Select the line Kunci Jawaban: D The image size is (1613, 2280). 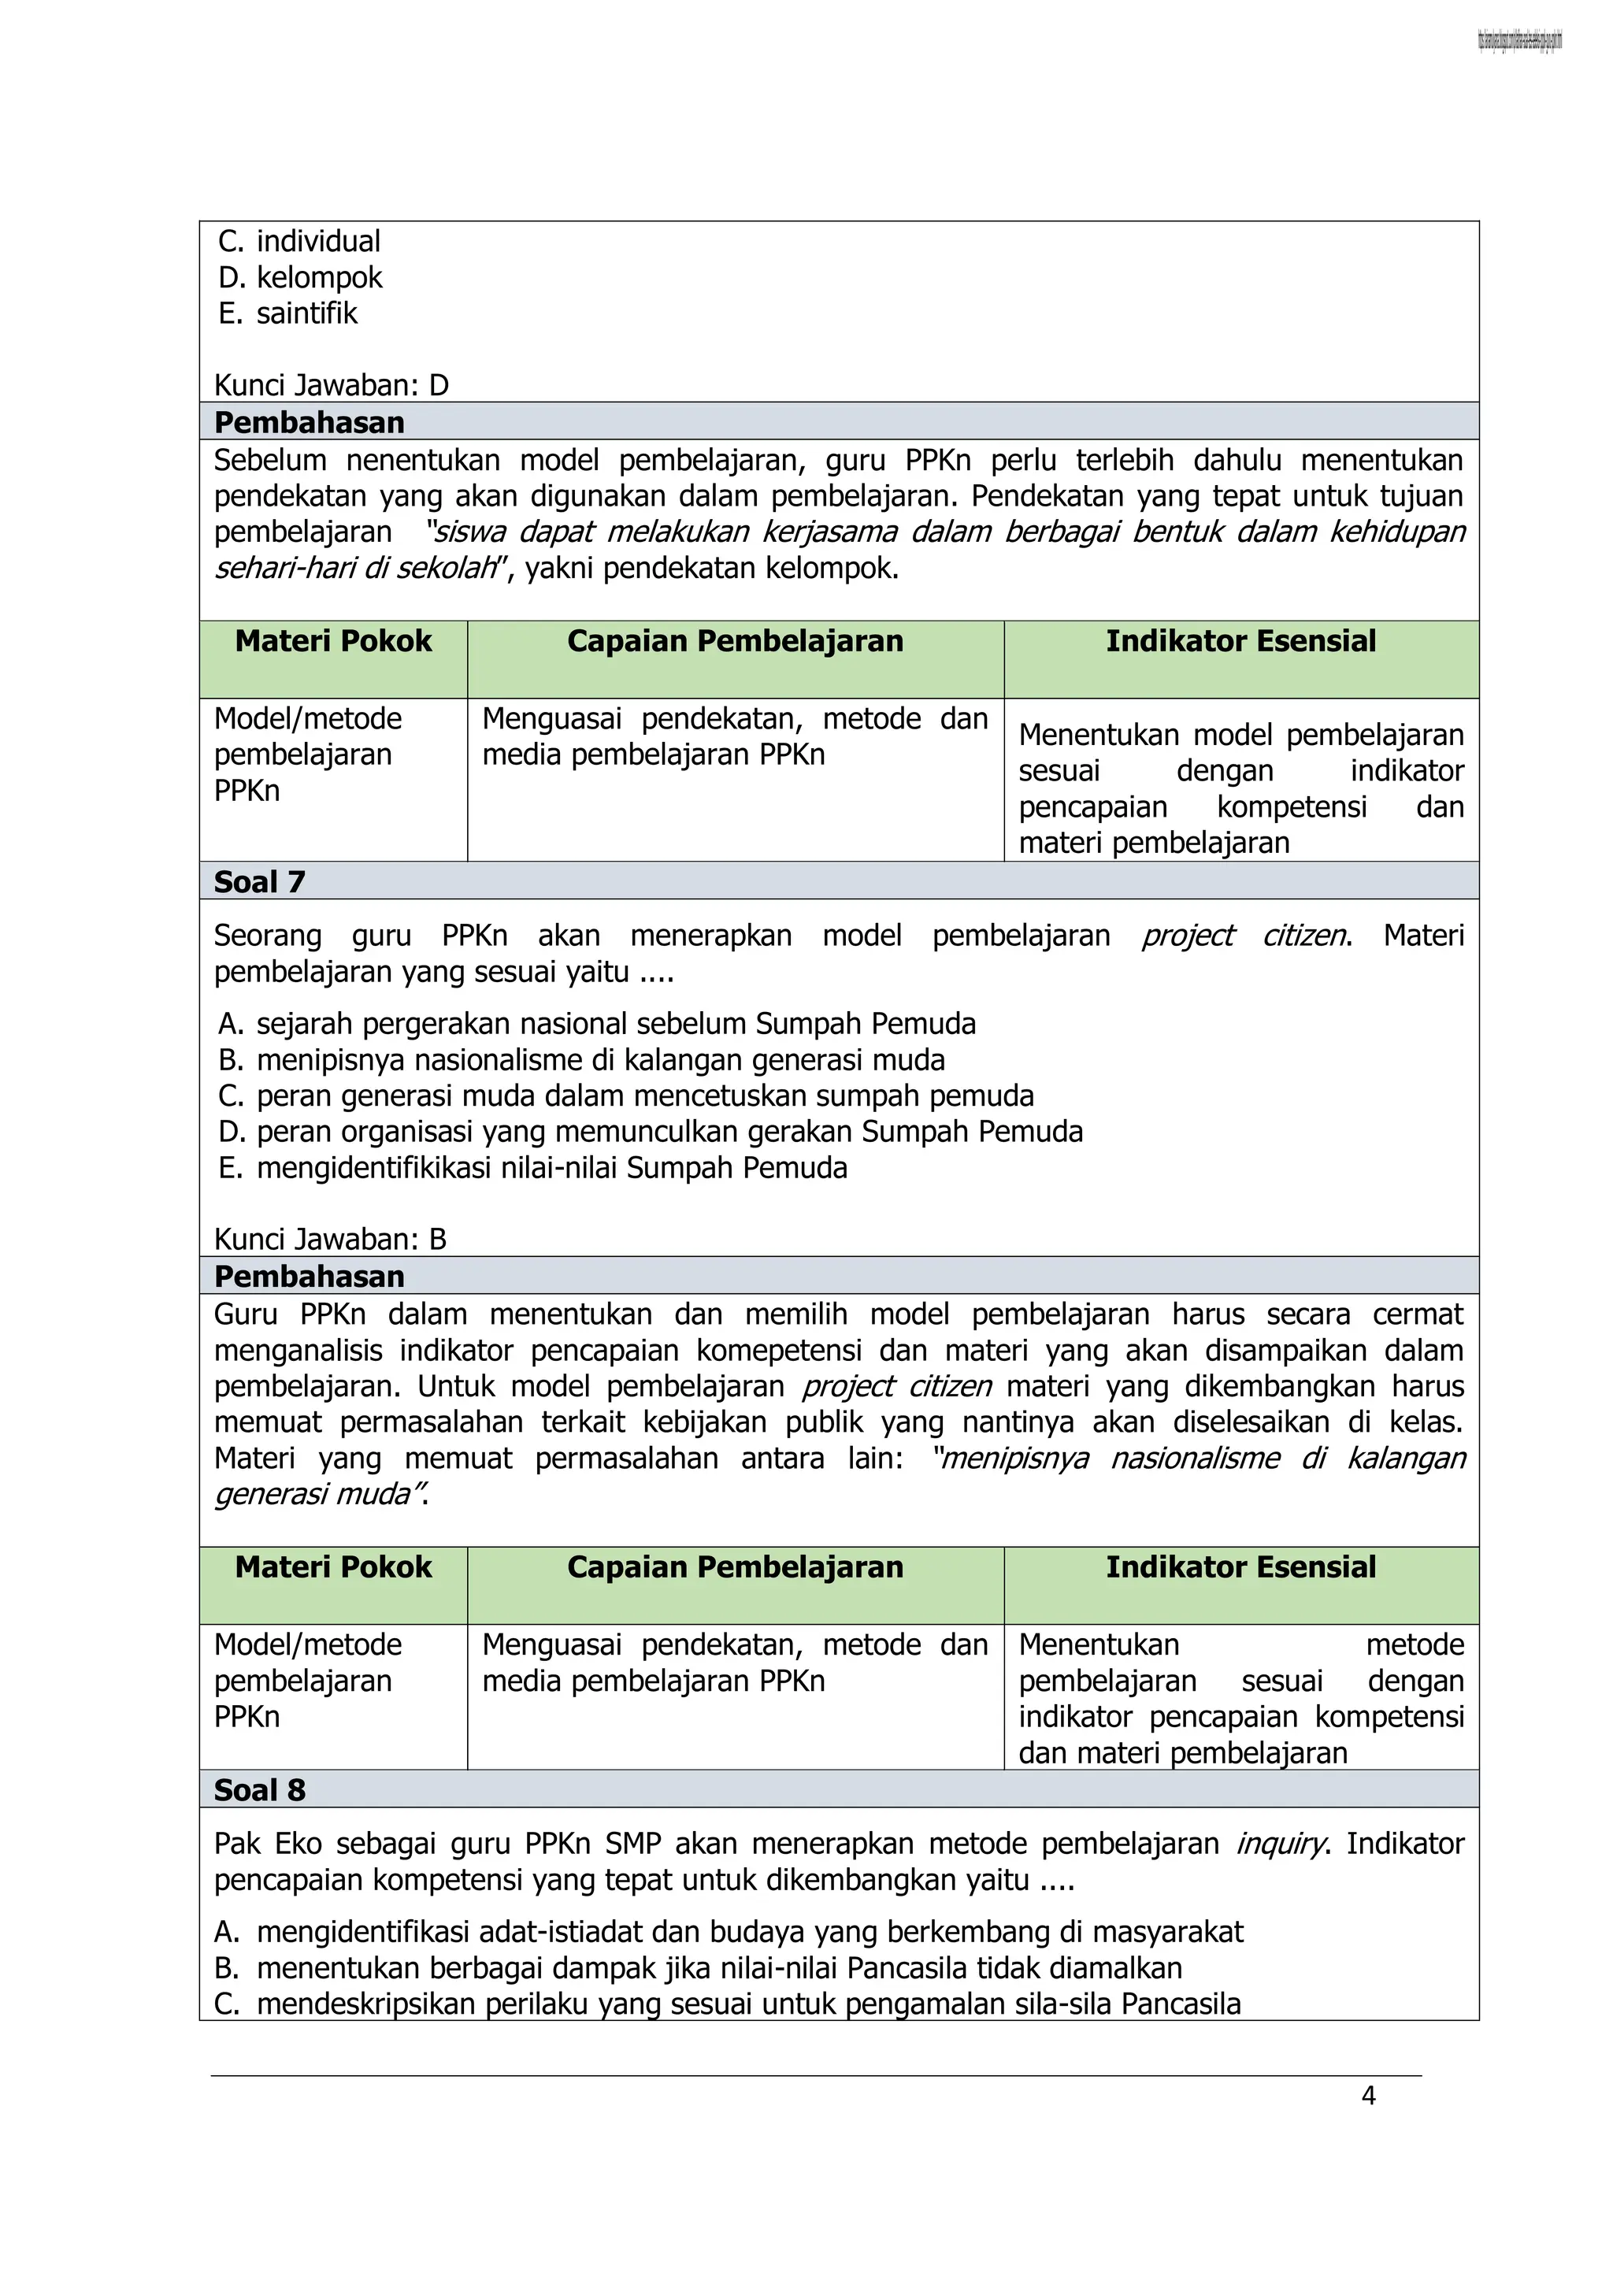[331, 384]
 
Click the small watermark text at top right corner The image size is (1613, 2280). [1519, 41]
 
